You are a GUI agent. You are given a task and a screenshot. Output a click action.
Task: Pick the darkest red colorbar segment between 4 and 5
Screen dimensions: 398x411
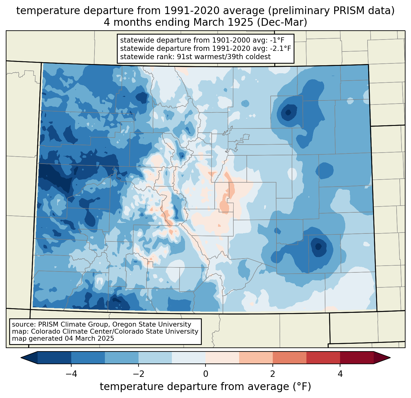pos(357,358)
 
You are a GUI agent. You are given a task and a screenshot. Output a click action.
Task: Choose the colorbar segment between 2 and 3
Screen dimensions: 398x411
pos(289,358)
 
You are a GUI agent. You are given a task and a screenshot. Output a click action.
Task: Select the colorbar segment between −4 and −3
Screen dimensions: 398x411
pos(88,358)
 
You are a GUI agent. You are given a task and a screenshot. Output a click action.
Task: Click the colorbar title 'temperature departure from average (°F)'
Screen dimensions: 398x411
pos(206,387)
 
